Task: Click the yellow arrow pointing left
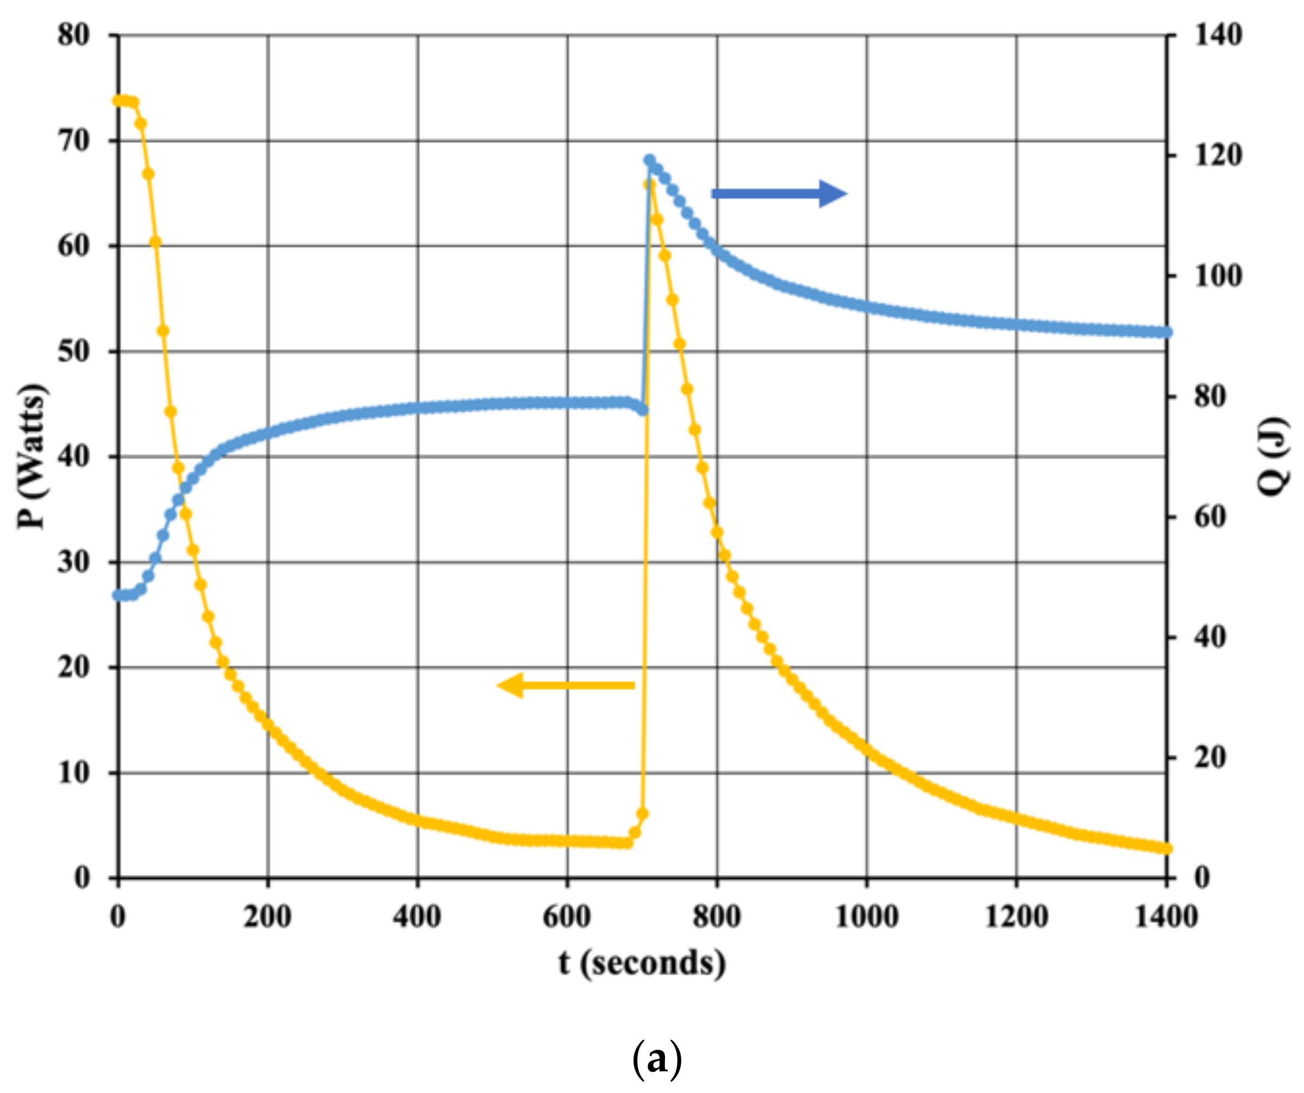566,685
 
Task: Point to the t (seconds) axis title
642,964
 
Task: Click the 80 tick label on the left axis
74,35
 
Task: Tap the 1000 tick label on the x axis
867,917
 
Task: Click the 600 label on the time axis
566,917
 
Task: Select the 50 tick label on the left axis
74,352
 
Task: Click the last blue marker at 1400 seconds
1167,333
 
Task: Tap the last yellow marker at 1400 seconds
1167,848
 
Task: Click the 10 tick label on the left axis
74,773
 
